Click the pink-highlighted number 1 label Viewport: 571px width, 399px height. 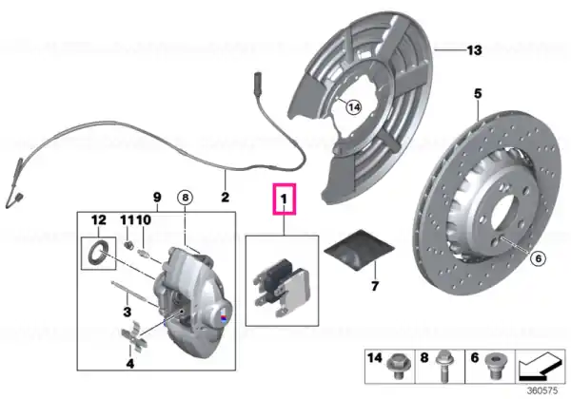(284, 199)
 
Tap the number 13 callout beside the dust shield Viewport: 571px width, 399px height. (474, 49)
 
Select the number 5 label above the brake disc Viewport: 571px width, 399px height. (478, 93)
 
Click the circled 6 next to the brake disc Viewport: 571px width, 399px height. (539, 258)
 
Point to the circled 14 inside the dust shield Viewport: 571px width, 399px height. (354, 107)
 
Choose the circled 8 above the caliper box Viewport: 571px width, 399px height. (185, 198)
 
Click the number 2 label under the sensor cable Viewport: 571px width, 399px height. (226, 197)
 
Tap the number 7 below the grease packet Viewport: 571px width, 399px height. (375, 286)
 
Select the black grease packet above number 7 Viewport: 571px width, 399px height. (359, 250)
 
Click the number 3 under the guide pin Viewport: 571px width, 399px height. (128, 312)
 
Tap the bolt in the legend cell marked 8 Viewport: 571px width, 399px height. (443, 366)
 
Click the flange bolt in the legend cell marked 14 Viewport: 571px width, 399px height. (396, 367)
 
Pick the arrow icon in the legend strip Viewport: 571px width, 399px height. (539, 366)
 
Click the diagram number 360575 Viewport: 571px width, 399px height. (542, 390)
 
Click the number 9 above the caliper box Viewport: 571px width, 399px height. (157, 197)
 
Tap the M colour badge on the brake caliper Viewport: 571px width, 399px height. (224, 316)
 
